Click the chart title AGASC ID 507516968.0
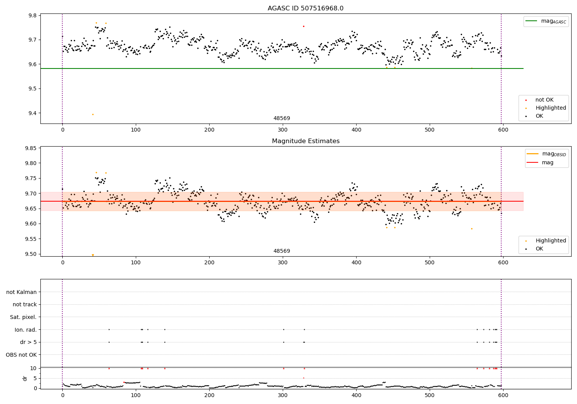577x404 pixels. coord(305,8)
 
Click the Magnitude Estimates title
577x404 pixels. coord(305,141)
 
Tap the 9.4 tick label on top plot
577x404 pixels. coord(32,113)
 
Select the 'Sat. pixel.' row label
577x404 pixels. coord(23,317)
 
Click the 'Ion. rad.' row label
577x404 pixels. coord(25,330)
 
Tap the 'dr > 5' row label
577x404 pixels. coord(28,342)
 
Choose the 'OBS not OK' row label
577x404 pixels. coord(21,355)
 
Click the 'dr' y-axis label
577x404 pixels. coord(25,378)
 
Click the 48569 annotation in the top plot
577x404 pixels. coord(282,119)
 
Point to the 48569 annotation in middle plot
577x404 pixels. coord(282,251)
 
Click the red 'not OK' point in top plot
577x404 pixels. coord(304,26)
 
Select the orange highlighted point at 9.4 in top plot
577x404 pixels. coord(93,114)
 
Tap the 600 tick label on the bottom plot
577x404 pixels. coord(503,394)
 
